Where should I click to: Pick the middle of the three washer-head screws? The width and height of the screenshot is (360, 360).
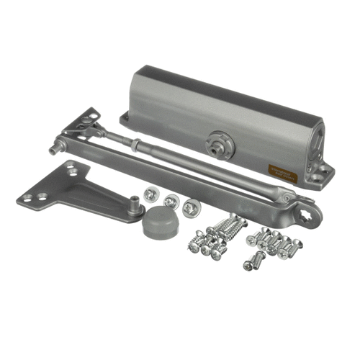coord(171,201)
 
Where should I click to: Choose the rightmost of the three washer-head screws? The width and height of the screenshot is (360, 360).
coord(189,207)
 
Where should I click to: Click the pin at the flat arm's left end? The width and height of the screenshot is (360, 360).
coord(54,150)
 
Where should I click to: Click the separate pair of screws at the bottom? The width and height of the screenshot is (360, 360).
coord(253,261)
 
